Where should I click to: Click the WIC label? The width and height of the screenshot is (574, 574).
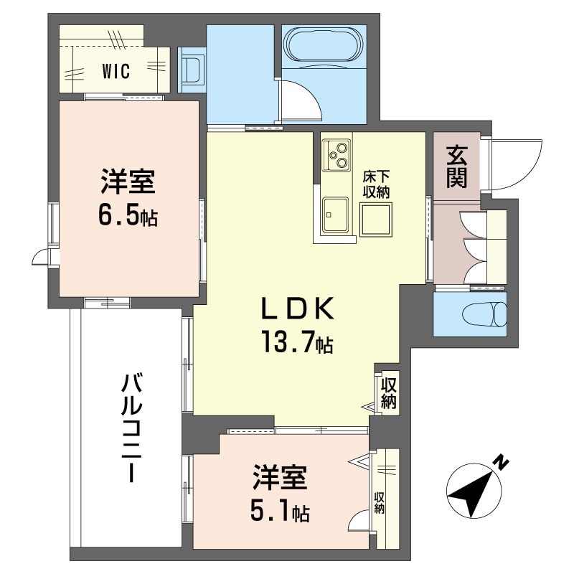coord(115,72)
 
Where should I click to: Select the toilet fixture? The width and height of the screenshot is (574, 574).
coord(483,314)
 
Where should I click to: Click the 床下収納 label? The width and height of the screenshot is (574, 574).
coord(375,183)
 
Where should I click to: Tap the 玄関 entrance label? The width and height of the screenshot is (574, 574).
coord(456,166)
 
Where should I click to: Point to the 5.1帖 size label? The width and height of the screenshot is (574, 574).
coord(281,511)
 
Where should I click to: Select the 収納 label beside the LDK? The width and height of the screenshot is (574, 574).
coord(389,393)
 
